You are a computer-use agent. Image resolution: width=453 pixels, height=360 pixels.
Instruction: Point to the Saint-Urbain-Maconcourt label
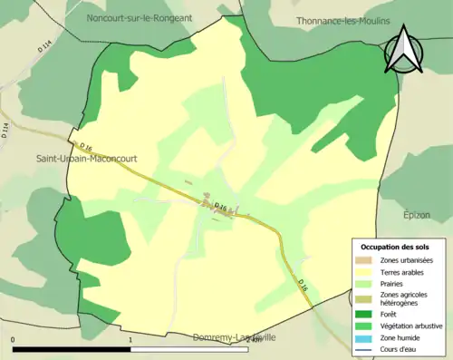(x=87, y=158)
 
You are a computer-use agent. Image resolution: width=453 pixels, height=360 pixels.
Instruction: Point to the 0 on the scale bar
(x=14, y=341)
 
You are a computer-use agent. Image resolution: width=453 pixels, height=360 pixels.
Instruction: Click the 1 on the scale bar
(x=131, y=341)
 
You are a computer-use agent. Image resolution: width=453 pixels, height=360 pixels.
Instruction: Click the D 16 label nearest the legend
(x=304, y=283)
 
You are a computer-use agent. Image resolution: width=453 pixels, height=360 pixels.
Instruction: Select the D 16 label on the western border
(x=85, y=147)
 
